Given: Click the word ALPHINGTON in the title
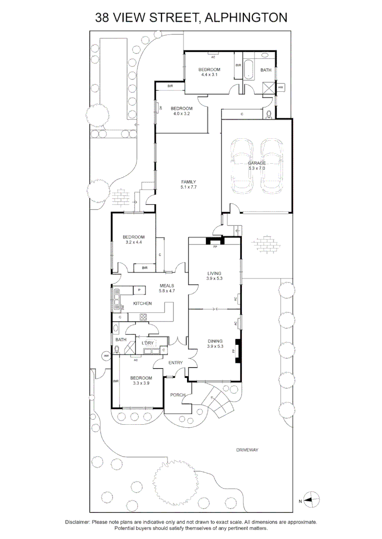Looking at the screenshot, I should pos(245,18).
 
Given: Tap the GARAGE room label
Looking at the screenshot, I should pos(257,166).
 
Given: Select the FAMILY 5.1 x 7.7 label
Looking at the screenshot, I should pos(188,184).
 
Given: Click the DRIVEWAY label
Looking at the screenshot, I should pos(247,450).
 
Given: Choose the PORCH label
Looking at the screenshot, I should pos(177,395).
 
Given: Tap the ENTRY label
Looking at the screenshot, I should pos(175,363).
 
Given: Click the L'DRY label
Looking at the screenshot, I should pos(147,343).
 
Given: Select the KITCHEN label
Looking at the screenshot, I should pos(142,303).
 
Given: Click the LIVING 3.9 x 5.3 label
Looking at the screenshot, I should pos(214,275).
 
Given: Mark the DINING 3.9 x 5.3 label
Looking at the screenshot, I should pos(214,344).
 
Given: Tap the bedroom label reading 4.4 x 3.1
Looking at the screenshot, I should pos(209,72).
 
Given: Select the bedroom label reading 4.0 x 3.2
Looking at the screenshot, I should pos(181,111).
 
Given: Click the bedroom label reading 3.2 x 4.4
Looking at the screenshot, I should pos(133,239).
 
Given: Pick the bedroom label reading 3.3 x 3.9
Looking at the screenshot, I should pos(142,380).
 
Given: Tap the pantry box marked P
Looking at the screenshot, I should pos(139,290).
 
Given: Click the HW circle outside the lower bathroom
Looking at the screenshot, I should pos(106,356).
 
